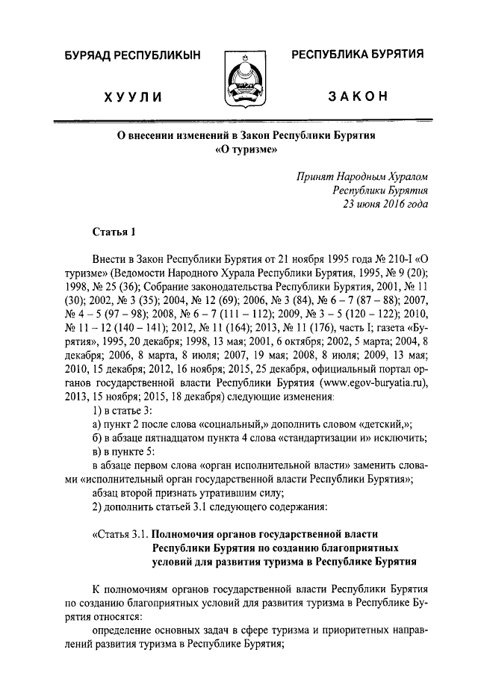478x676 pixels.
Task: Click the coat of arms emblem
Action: [240, 81]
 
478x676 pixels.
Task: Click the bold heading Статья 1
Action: [114, 233]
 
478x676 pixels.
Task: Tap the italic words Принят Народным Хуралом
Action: [362, 176]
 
